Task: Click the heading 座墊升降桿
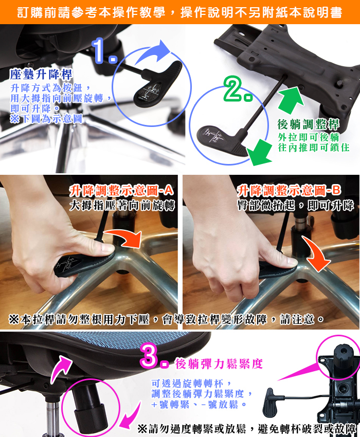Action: (41, 74)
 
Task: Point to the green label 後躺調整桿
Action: (308, 124)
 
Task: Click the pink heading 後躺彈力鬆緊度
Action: (219, 364)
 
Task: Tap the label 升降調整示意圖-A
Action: (122, 191)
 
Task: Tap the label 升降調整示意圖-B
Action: (289, 191)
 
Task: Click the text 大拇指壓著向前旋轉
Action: (122, 206)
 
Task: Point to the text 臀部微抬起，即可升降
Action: (295, 206)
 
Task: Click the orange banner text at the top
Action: (179, 12)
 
